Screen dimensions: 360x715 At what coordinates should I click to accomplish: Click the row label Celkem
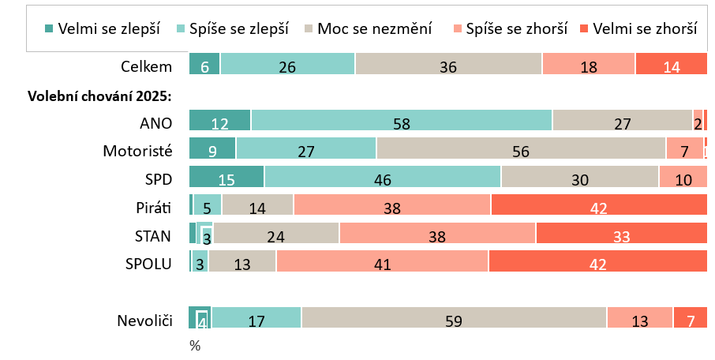click(x=146, y=67)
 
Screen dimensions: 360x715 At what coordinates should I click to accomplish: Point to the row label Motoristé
click(x=137, y=150)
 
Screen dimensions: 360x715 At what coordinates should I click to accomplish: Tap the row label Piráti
click(x=153, y=208)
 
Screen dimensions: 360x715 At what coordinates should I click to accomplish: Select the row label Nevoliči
click(x=144, y=321)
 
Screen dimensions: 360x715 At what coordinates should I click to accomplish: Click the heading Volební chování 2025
click(x=100, y=96)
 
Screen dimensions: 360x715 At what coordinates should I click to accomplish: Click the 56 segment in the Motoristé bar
click(x=521, y=149)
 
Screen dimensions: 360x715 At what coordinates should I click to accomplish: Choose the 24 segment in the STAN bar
click(x=275, y=234)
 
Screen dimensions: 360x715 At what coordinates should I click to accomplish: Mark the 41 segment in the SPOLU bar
click(x=382, y=263)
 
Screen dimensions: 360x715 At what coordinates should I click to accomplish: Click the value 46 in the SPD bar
click(x=383, y=179)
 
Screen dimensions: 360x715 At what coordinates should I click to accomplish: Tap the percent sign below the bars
click(x=195, y=346)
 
